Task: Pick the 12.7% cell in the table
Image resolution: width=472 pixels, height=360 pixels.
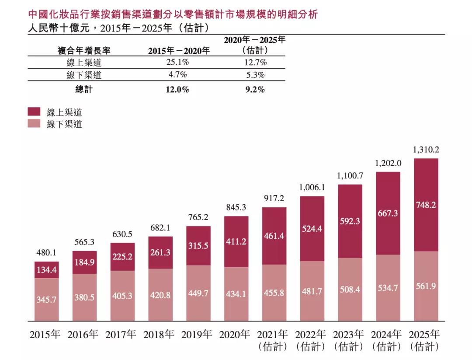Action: click(255, 62)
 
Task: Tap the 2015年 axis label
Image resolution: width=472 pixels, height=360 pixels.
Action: click(46, 335)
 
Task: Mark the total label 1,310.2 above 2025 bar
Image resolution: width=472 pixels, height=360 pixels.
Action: click(426, 150)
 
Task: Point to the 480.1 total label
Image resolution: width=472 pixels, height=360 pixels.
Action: click(46, 253)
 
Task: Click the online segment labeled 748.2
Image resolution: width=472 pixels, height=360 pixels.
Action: click(426, 205)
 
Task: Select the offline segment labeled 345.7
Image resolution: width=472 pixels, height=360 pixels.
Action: click(46, 300)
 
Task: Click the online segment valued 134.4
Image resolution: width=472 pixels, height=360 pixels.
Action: click(46, 269)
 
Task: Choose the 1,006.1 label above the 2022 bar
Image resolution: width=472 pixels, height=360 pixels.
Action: click(312, 187)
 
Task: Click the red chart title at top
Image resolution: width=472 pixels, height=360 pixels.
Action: click(173, 15)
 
